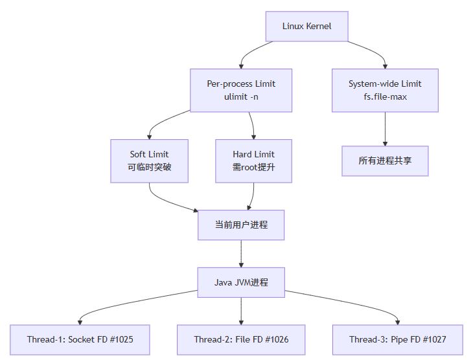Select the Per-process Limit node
(x=241, y=91)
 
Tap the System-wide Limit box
(x=385, y=91)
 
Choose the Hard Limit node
(x=253, y=161)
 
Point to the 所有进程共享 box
(x=385, y=161)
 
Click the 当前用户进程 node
(x=241, y=225)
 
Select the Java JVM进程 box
(x=241, y=282)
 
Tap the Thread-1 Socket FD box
(x=80, y=339)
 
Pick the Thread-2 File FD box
(x=241, y=339)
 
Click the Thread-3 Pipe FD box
(x=398, y=339)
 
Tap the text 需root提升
(x=253, y=168)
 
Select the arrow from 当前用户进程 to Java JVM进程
(x=241, y=253)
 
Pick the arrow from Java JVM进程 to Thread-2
(x=241, y=311)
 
